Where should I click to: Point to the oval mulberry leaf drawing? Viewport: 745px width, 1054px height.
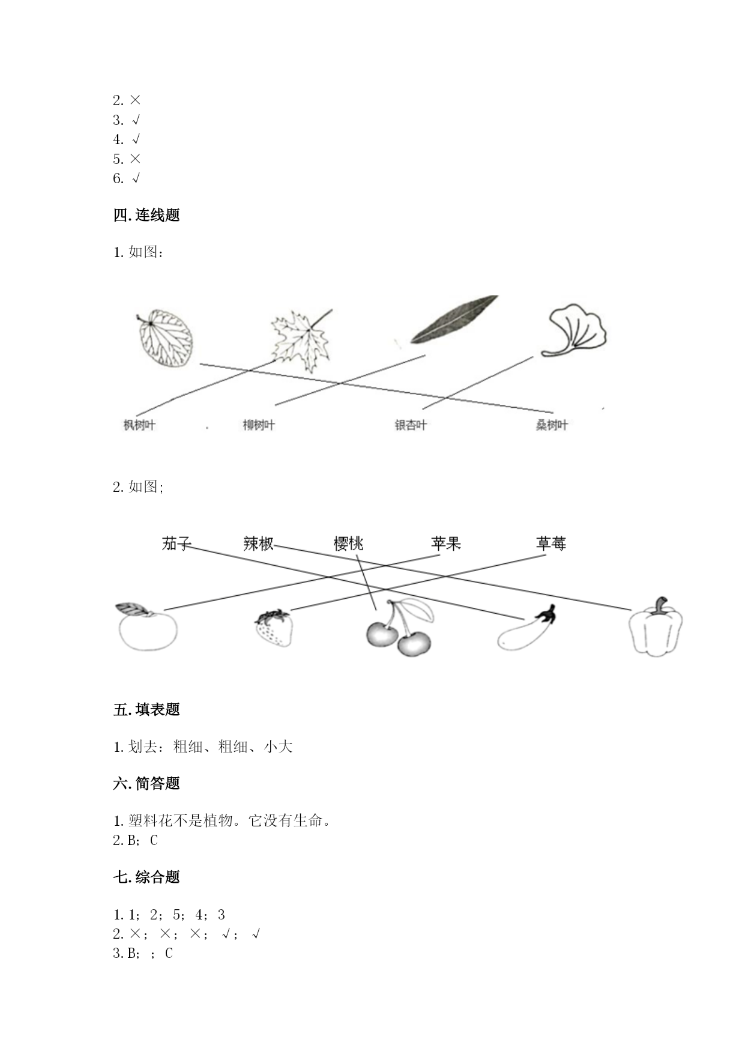tap(164, 338)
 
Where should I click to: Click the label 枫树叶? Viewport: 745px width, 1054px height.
tap(139, 425)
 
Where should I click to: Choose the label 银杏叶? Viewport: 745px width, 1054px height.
tap(411, 425)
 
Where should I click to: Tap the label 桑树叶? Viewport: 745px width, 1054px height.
tap(552, 425)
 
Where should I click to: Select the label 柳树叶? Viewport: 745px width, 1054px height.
tap(259, 425)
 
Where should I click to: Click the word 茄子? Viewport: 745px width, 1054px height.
tap(176, 544)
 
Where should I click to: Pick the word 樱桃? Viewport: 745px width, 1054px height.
tap(349, 544)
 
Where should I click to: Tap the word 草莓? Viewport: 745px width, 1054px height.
tap(551, 544)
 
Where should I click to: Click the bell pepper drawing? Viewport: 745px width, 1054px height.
tap(656, 626)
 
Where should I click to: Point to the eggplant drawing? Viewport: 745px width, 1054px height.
tap(526, 628)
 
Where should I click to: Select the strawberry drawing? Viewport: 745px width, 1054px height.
tap(274, 628)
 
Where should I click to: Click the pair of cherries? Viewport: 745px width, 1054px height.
tap(399, 628)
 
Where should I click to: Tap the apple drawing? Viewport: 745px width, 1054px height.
tap(147, 627)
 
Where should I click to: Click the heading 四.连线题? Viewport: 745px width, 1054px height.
tap(146, 215)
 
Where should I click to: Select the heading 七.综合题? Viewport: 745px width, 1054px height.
tap(146, 877)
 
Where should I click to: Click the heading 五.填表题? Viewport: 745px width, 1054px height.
tap(146, 709)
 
